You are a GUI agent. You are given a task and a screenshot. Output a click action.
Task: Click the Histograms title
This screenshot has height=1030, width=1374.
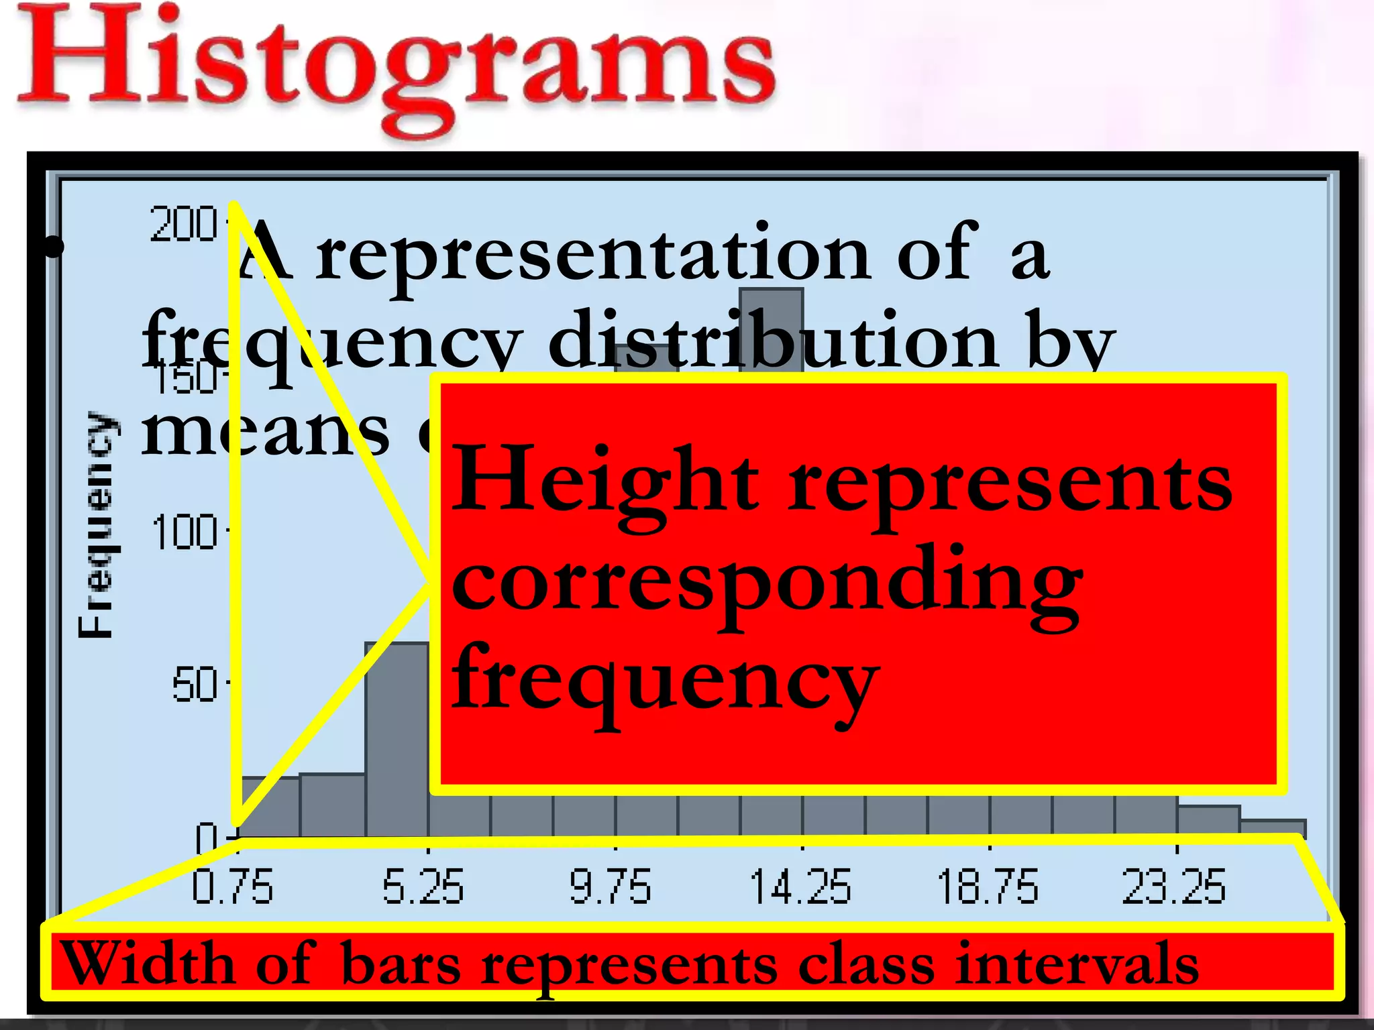[x=396, y=64]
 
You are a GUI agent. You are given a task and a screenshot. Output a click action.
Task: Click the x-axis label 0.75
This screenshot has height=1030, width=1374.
[x=232, y=886]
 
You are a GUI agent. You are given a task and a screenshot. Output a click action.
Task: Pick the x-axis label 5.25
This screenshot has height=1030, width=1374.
[x=423, y=886]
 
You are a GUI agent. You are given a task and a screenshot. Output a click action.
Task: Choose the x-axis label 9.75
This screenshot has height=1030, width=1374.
[x=610, y=886]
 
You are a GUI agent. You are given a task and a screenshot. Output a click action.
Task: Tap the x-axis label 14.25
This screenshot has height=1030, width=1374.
[x=800, y=886]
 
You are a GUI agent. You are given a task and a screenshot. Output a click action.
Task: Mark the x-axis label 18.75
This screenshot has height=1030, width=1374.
[x=987, y=886]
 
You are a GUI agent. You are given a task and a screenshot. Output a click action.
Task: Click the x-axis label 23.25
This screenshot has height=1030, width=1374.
[x=1174, y=886]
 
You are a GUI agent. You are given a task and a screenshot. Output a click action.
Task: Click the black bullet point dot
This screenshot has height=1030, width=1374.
[x=52, y=247]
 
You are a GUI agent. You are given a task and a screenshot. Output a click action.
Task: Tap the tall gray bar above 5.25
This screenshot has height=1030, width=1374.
[x=397, y=738]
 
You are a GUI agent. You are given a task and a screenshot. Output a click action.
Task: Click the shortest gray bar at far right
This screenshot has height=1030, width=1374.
[x=1273, y=827]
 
